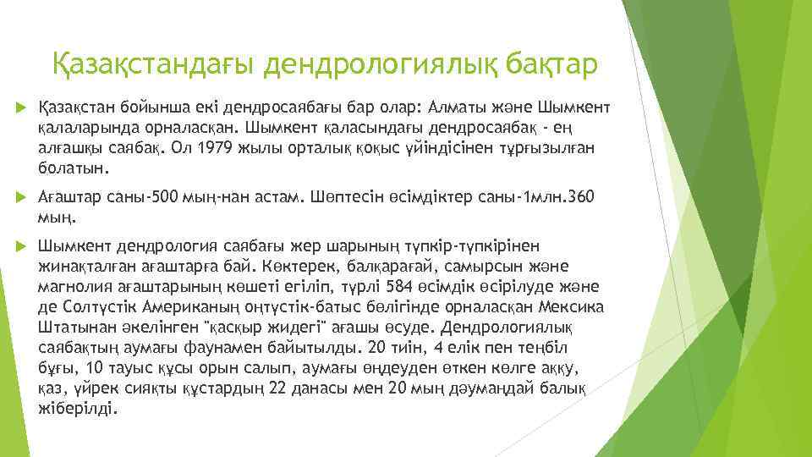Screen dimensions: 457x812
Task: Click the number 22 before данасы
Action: tap(277, 387)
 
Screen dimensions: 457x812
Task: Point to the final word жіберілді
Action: tap(79, 407)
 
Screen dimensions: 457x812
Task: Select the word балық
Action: tap(565, 387)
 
